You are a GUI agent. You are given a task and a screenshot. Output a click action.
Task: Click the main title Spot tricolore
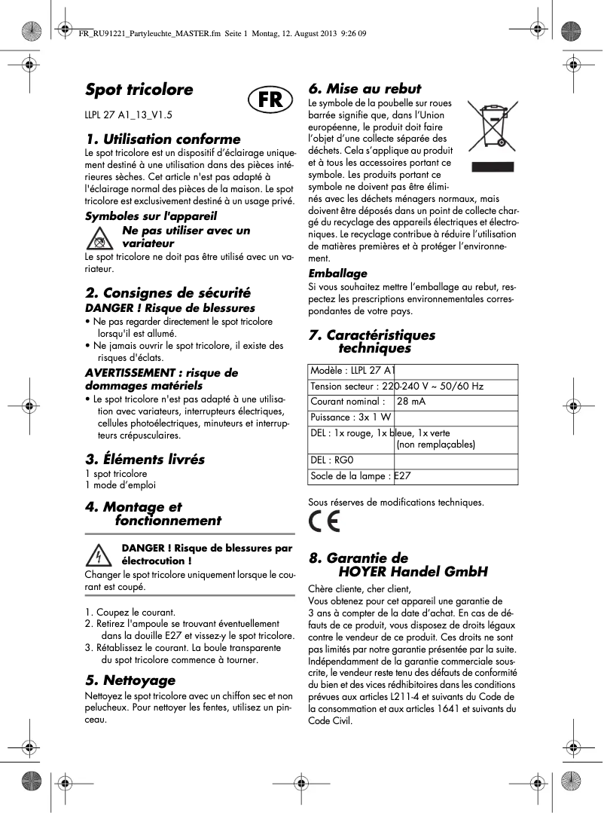[x=139, y=90]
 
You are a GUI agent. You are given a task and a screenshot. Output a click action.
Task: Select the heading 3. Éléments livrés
[x=145, y=459]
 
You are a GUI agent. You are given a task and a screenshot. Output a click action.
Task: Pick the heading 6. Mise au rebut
[x=365, y=89]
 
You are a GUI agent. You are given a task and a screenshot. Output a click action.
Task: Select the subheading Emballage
[x=338, y=274]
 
